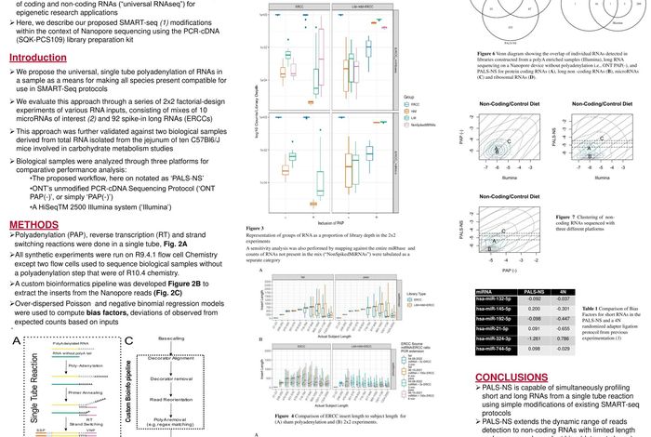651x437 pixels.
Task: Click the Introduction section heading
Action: coord(38,59)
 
